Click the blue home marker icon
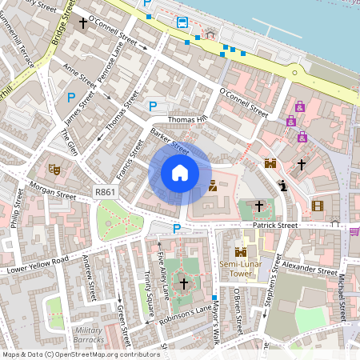click(x=180, y=172)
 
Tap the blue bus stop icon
click(x=182, y=22)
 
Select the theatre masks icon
click(x=54, y=169)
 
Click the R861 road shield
click(x=104, y=192)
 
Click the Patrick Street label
click(x=274, y=226)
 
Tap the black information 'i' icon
click(x=283, y=186)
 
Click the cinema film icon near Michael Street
click(x=318, y=206)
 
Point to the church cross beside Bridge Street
click(x=82, y=24)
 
